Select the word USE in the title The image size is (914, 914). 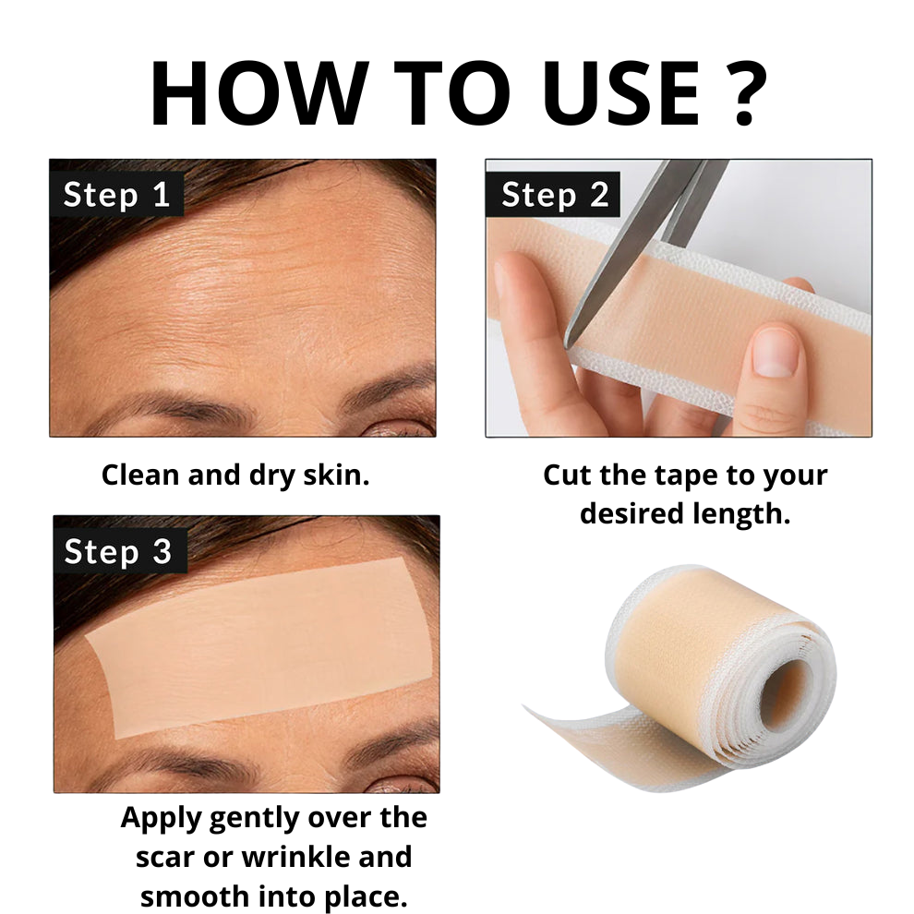point(620,92)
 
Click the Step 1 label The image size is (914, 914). point(116,195)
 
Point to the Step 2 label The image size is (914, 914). point(554,195)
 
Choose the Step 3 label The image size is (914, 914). point(118,551)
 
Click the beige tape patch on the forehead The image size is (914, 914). point(259,647)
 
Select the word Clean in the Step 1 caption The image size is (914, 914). point(140,475)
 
